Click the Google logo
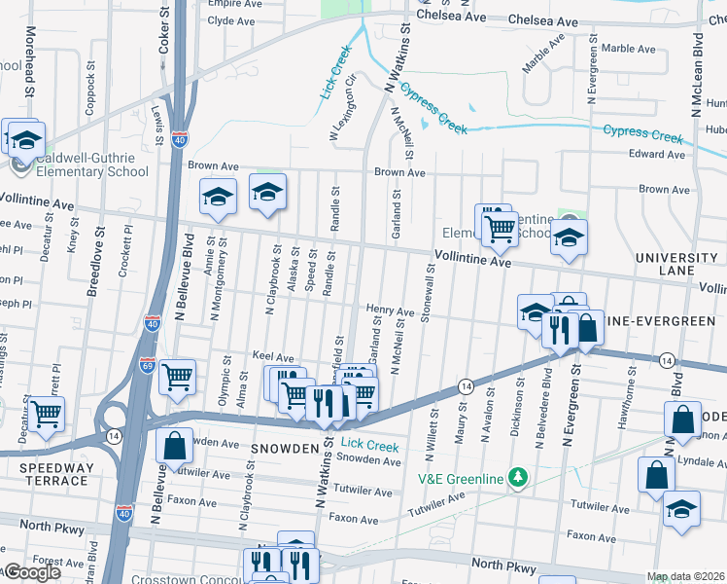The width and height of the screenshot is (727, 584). [31, 572]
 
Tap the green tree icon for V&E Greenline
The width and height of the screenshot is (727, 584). [519, 477]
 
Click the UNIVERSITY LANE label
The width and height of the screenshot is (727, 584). [676, 264]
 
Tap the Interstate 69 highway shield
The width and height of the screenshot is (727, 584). [146, 364]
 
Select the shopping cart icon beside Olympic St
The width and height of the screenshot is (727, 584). [177, 376]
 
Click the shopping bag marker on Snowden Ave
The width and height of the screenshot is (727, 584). [174, 447]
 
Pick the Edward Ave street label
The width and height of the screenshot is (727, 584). [657, 154]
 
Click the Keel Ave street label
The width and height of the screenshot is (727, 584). [272, 358]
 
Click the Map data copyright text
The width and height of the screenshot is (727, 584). [685, 576]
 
